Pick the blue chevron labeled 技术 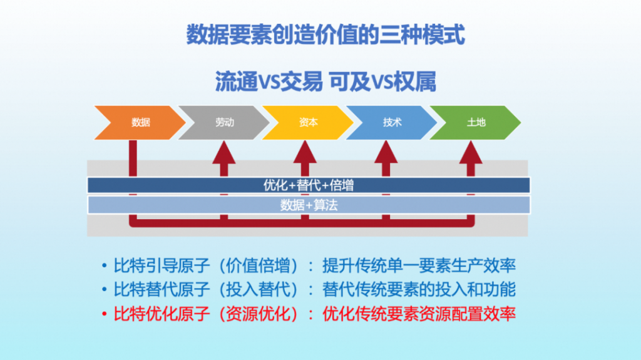(x=392, y=123)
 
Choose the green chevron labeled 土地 (x=476, y=123)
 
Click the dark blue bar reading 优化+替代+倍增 (x=309, y=185)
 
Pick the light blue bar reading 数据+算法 (x=309, y=205)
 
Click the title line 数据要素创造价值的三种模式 (x=326, y=35)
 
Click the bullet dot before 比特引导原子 (x=105, y=265)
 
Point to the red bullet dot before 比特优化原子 (x=105, y=313)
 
